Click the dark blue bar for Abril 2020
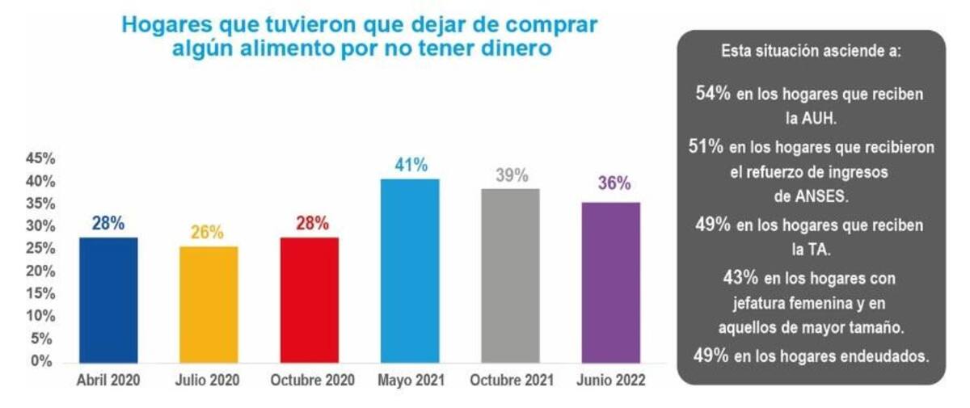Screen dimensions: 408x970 (x=108, y=300)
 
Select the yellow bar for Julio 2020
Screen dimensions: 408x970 (x=209, y=305)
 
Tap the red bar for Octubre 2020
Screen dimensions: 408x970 (x=310, y=300)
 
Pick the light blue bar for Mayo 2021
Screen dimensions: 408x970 (x=410, y=271)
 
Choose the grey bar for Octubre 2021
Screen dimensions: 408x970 (x=510, y=276)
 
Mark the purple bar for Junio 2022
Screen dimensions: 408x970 (x=611, y=282)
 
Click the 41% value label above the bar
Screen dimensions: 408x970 (x=411, y=166)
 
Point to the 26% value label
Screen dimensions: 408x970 (x=208, y=233)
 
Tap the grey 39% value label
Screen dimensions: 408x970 (x=511, y=175)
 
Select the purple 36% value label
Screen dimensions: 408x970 (x=614, y=183)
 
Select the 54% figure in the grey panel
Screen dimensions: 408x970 (x=712, y=93)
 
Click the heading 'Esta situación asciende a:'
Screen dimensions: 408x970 (x=811, y=51)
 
